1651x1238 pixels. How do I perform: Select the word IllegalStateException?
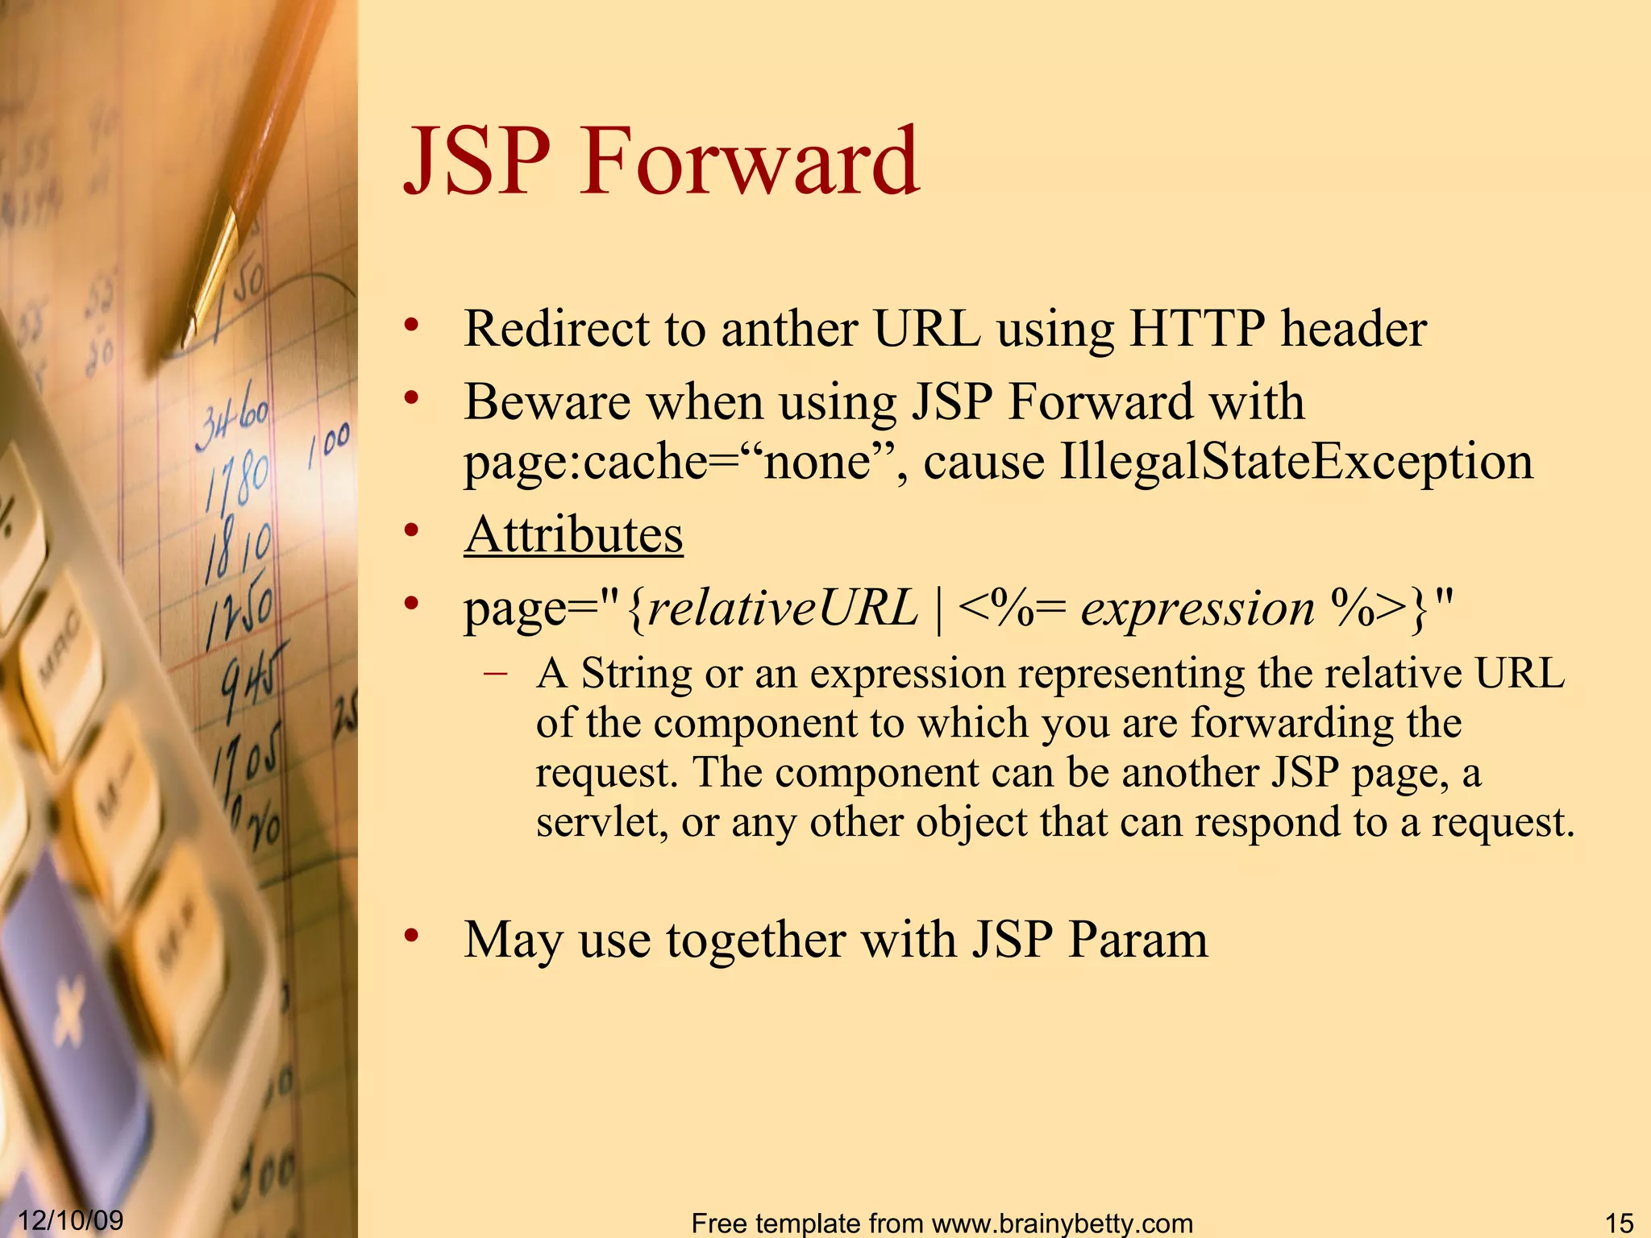click(x=1295, y=462)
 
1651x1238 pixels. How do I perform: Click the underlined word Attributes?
click(x=573, y=534)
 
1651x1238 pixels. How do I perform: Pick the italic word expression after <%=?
click(x=1198, y=609)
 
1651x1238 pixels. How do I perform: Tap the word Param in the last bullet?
click(x=1137, y=940)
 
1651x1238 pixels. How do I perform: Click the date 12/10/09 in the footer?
click(x=71, y=1219)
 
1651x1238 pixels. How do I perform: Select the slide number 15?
click(x=1619, y=1223)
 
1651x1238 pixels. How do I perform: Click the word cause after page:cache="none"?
click(x=984, y=462)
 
